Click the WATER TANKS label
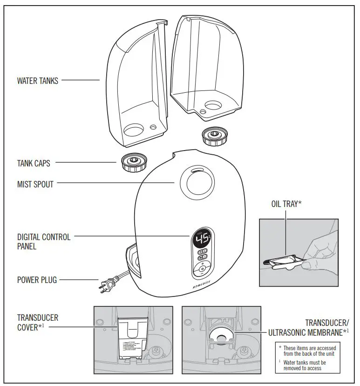pyautogui.click(x=38, y=81)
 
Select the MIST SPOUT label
pyautogui.click(x=35, y=184)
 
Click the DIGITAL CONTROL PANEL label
pyautogui.click(x=44, y=241)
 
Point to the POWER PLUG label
pyautogui.click(x=37, y=280)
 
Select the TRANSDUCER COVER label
pyautogui.click(x=38, y=322)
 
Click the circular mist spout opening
pyautogui.click(x=194, y=182)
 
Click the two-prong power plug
pyautogui.click(x=106, y=283)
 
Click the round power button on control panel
pyautogui.click(x=201, y=269)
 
